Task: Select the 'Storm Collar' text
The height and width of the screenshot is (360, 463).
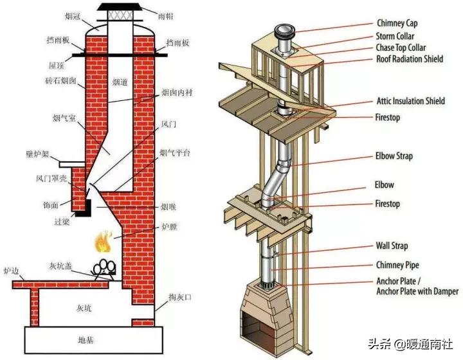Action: [x=395, y=37]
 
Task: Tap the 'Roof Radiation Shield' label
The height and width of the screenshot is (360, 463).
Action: [x=409, y=59]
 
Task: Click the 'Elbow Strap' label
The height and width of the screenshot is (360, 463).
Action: [x=394, y=156]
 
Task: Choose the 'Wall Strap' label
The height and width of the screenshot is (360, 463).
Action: [x=392, y=246]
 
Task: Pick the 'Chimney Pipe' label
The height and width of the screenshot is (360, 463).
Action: [x=398, y=265]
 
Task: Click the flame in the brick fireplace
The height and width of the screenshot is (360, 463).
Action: [x=101, y=243]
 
